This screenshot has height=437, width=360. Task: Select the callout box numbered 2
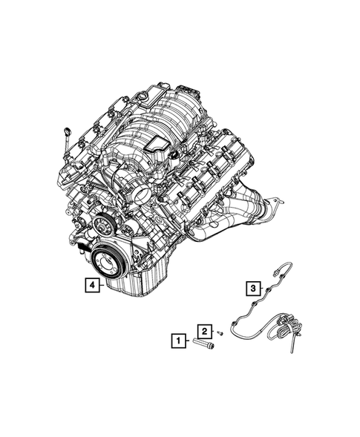pyautogui.click(x=203, y=330)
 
